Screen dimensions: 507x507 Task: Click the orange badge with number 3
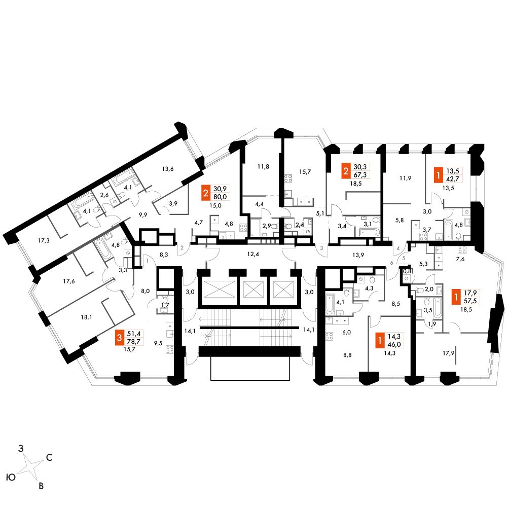click(x=120, y=337)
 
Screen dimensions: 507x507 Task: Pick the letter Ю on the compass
click(x=9, y=478)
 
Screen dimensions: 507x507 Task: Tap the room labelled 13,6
click(x=168, y=169)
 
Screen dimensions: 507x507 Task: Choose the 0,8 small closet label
click(x=407, y=271)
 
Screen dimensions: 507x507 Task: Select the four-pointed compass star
click(x=30, y=467)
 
